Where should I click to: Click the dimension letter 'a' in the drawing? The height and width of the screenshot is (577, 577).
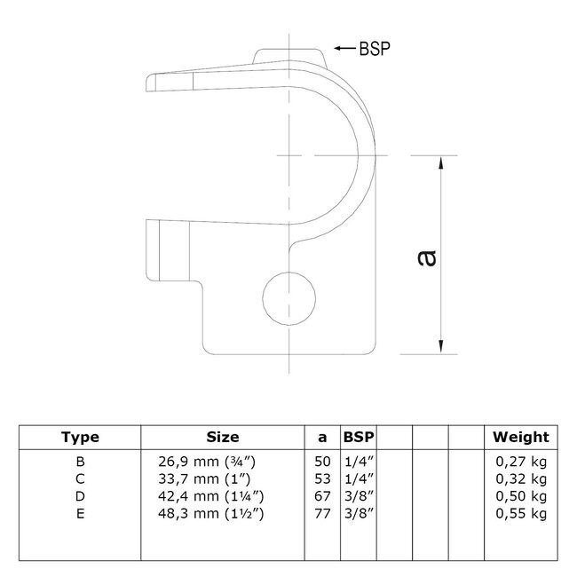tap(428, 257)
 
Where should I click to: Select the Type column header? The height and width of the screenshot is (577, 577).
tap(80, 437)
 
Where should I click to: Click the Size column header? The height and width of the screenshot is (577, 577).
tap(222, 437)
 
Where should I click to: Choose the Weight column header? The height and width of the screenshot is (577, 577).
tap(521, 437)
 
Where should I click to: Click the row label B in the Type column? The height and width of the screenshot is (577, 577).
tap(80, 461)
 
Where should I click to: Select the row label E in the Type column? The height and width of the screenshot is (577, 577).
tap(80, 514)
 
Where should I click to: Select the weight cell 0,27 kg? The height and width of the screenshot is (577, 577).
tap(522, 461)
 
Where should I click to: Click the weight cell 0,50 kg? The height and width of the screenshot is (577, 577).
tap(522, 496)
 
